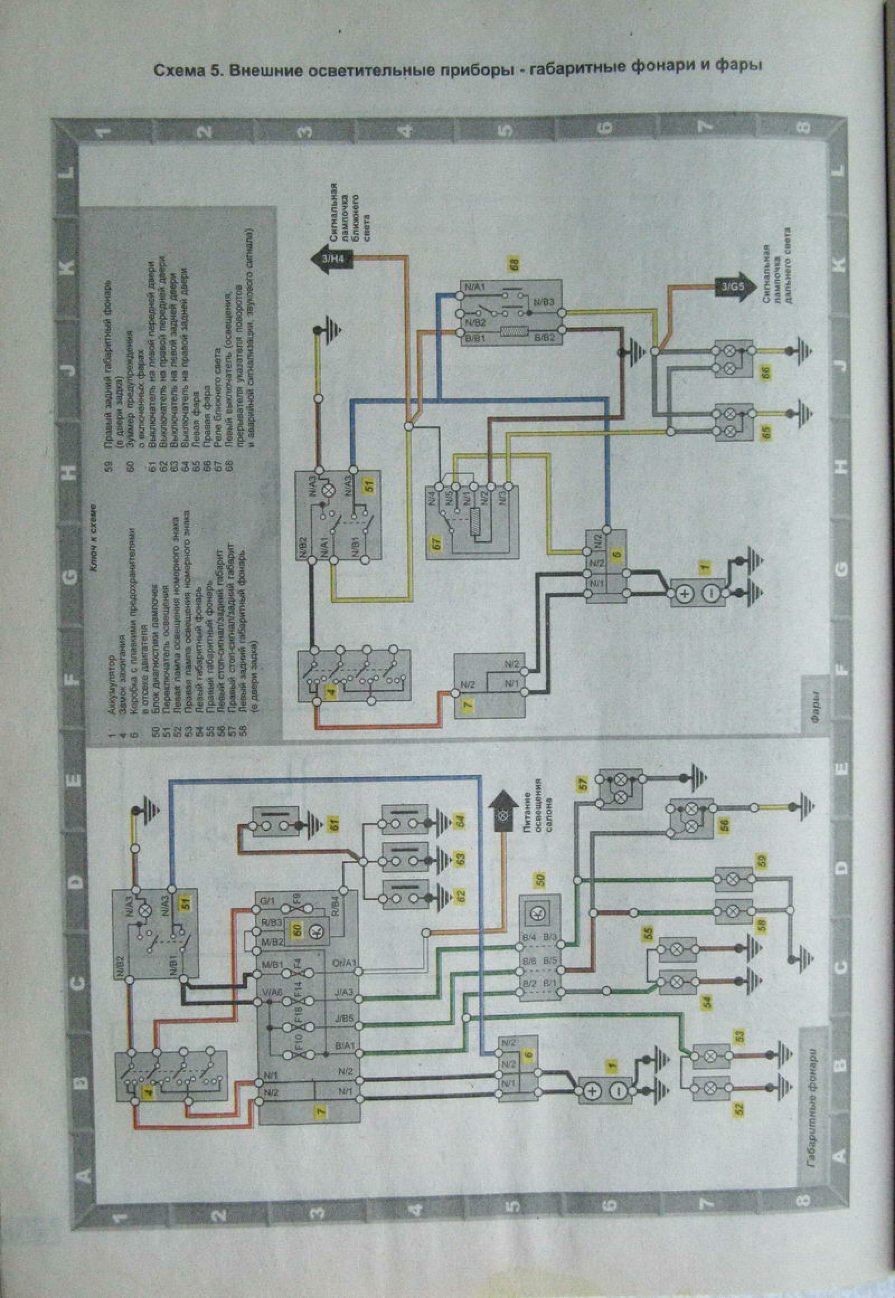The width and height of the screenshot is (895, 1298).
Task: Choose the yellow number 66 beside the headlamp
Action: tap(768, 371)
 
